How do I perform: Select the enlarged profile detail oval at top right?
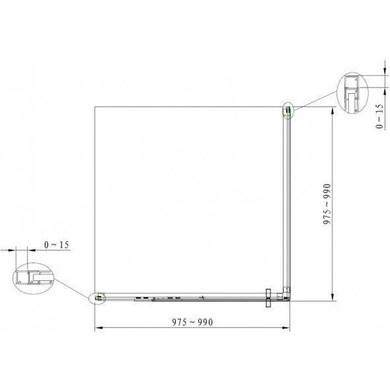click(x=352, y=92)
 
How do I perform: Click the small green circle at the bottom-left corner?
click(x=100, y=298)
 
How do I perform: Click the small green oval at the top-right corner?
click(x=288, y=111)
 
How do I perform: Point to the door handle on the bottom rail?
click(x=268, y=298)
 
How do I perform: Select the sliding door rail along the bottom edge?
click(x=185, y=298)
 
